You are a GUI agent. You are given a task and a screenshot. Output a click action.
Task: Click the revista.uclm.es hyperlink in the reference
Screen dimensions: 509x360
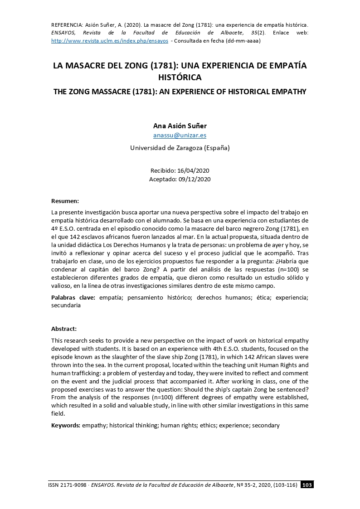click(110, 40)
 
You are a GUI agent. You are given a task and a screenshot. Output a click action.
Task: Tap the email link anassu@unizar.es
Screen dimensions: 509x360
click(180, 135)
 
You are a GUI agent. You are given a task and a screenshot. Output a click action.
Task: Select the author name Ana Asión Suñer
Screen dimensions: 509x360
click(180, 126)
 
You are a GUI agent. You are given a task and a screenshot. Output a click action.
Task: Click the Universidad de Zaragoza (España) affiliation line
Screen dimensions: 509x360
click(180, 148)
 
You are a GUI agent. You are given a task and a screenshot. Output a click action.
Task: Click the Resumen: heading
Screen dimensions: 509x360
click(65, 200)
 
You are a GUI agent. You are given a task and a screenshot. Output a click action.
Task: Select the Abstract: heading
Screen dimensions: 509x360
click(64, 329)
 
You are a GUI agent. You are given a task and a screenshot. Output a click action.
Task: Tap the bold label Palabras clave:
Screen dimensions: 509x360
click(73, 297)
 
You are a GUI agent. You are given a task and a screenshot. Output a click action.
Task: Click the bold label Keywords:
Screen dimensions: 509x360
click(66, 425)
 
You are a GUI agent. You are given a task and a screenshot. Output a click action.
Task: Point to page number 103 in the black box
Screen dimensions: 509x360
click(307, 485)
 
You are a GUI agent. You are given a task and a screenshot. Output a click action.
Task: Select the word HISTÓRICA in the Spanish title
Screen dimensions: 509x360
click(180, 78)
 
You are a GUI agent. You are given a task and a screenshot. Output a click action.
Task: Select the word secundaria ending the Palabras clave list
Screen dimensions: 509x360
click(66, 305)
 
